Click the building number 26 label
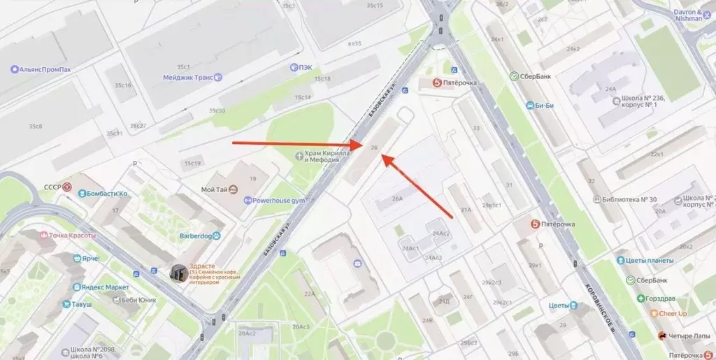coord(375,148)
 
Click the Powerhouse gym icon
coord(248,201)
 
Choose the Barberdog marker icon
coord(216,236)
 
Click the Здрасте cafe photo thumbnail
coord(179,274)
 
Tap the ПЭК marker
coord(295,68)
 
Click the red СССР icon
coord(68,187)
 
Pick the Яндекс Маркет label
coord(105,287)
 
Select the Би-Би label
coord(544,106)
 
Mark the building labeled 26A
coord(397,199)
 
